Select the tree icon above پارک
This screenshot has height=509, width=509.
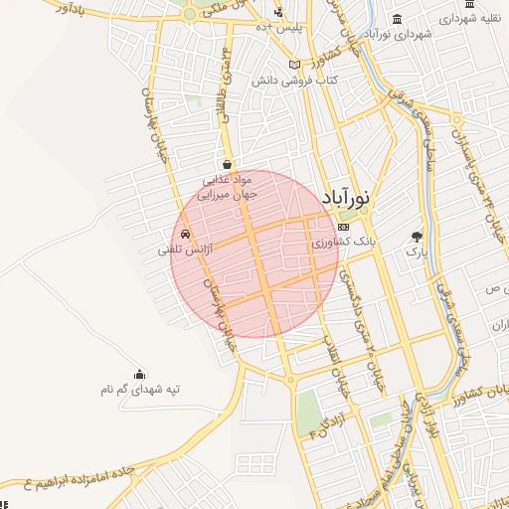(x=416, y=237)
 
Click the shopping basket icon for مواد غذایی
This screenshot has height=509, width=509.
(x=228, y=165)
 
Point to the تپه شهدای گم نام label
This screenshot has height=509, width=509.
(x=140, y=390)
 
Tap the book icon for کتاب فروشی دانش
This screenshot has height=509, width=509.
(x=293, y=65)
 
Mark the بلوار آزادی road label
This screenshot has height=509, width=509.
(x=432, y=418)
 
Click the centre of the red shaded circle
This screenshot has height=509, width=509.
(x=254, y=254)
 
